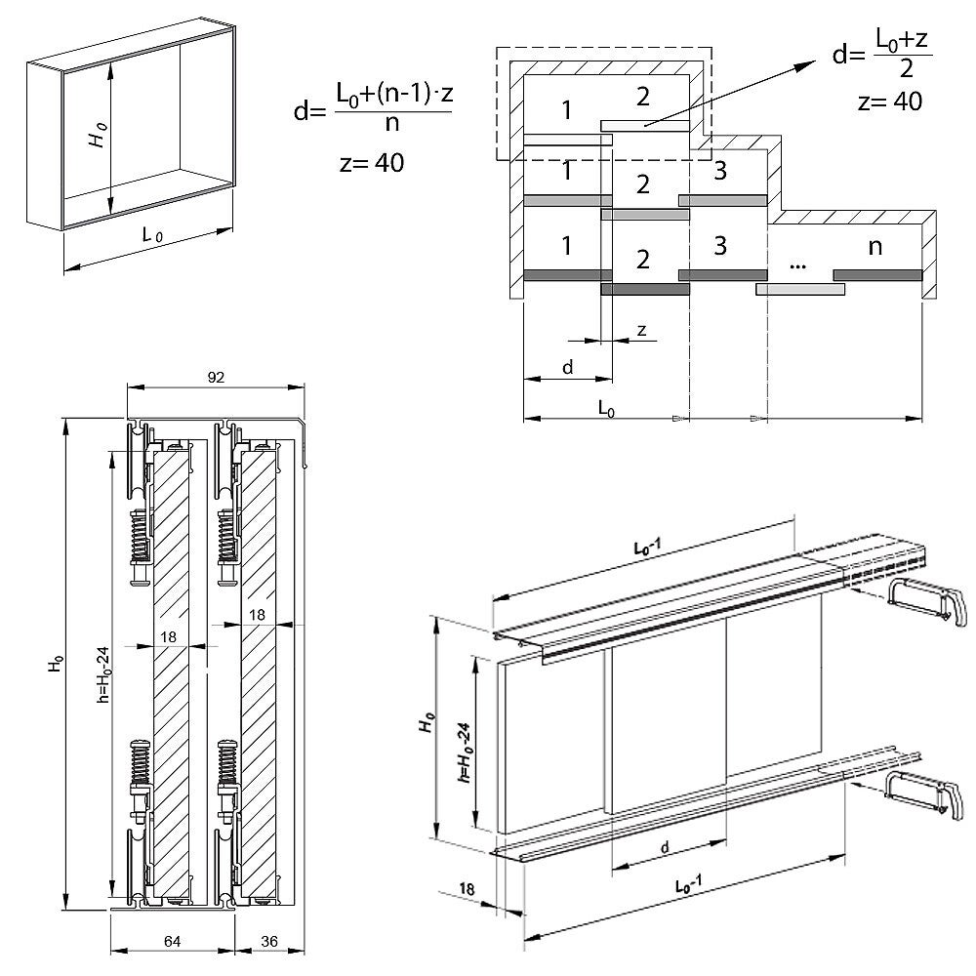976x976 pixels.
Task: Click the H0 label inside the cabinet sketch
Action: click(96, 136)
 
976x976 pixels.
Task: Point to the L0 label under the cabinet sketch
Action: click(151, 235)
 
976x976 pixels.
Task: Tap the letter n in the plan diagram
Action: click(874, 248)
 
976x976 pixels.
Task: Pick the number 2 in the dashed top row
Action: click(641, 98)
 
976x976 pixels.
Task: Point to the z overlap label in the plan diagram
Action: click(641, 330)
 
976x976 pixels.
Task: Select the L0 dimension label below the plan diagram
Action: click(605, 410)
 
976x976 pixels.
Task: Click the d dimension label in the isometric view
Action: click(664, 849)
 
